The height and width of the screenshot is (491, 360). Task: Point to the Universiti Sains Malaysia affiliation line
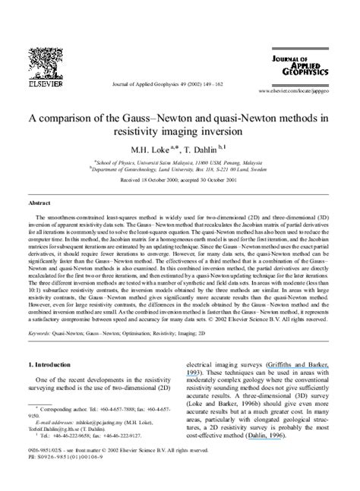[179, 162]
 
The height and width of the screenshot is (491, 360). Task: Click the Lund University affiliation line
[179, 169]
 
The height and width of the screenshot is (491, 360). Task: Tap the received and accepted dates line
[179, 181]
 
